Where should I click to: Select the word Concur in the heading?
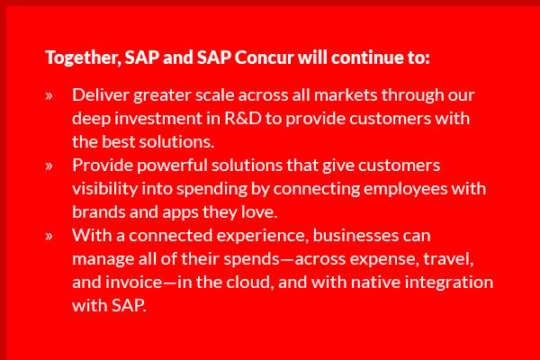(x=264, y=58)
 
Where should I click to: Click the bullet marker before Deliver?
(x=49, y=95)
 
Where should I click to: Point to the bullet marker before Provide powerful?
(x=49, y=166)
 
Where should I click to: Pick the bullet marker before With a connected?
(x=49, y=237)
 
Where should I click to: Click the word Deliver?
(x=101, y=94)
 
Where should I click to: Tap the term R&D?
(x=243, y=119)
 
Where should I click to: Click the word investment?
(x=158, y=119)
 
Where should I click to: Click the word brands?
(x=99, y=211)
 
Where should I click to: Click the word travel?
(x=448, y=259)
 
